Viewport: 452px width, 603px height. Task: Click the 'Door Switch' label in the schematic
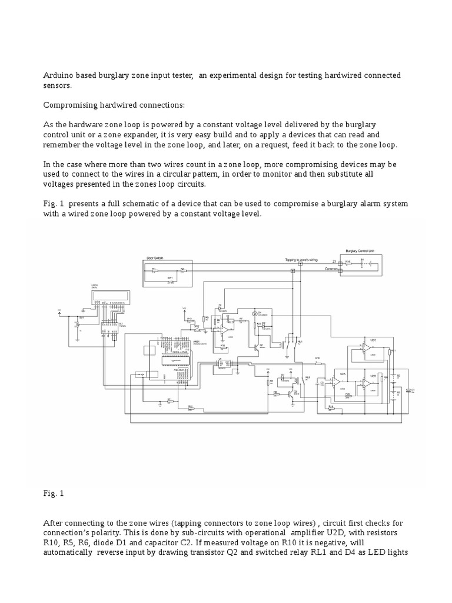[x=155, y=258]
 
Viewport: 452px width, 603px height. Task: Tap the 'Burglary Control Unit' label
[x=360, y=251]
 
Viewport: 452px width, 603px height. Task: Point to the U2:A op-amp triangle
[x=336, y=382]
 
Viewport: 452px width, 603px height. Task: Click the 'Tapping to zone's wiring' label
[x=300, y=258]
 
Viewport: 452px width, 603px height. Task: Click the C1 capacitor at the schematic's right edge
[x=411, y=390]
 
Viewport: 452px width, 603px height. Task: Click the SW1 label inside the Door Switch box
[x=170, y=278]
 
